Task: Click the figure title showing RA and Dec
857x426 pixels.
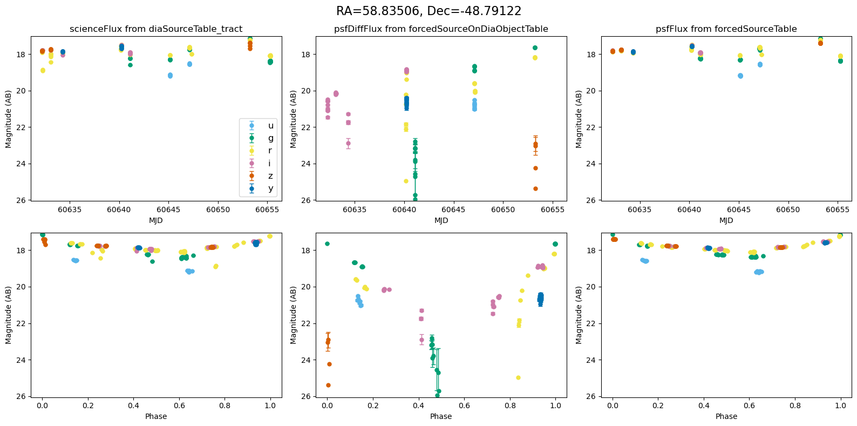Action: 428,11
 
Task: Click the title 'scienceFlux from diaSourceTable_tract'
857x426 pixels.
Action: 156,29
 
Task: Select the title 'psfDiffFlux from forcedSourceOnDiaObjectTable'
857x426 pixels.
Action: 441,29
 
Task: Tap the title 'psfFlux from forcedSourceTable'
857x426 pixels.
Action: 726,29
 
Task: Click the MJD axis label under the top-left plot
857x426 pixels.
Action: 156,220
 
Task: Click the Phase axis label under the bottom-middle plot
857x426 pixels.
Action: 441,416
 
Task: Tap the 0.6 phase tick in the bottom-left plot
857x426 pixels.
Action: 179,405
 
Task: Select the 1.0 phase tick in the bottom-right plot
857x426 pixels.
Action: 841,405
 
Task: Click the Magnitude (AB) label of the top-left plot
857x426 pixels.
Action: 9,119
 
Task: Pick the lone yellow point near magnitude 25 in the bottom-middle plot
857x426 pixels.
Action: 518,377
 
